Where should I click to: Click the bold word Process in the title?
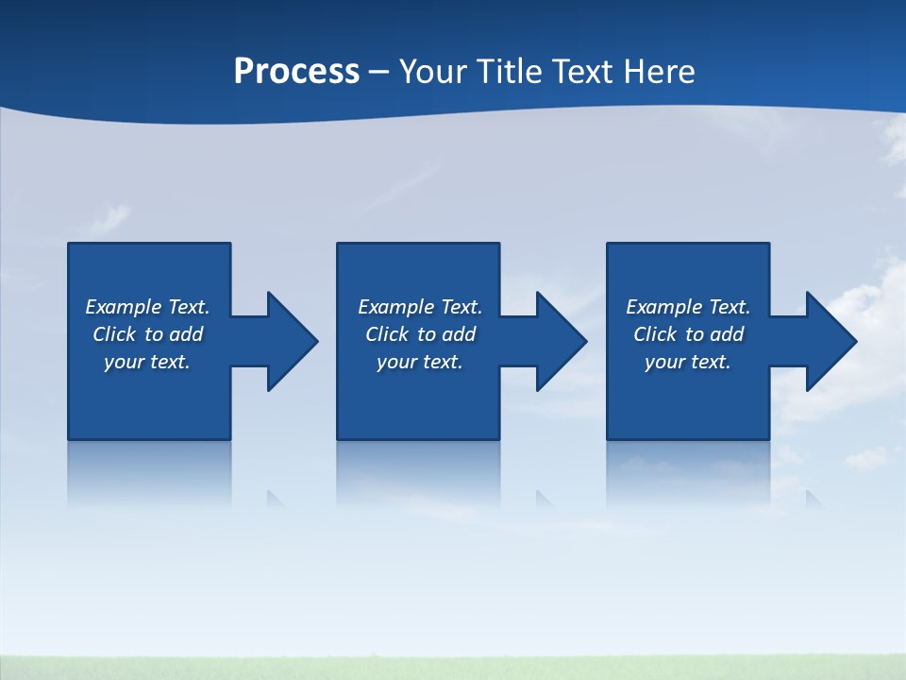click(296, 72)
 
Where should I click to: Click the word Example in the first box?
click(124, 307)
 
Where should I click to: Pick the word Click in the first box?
click(116, 334)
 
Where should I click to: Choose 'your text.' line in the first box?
click(147, 362)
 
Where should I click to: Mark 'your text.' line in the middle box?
click(419, 362)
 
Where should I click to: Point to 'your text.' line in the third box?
click(687, 362)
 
